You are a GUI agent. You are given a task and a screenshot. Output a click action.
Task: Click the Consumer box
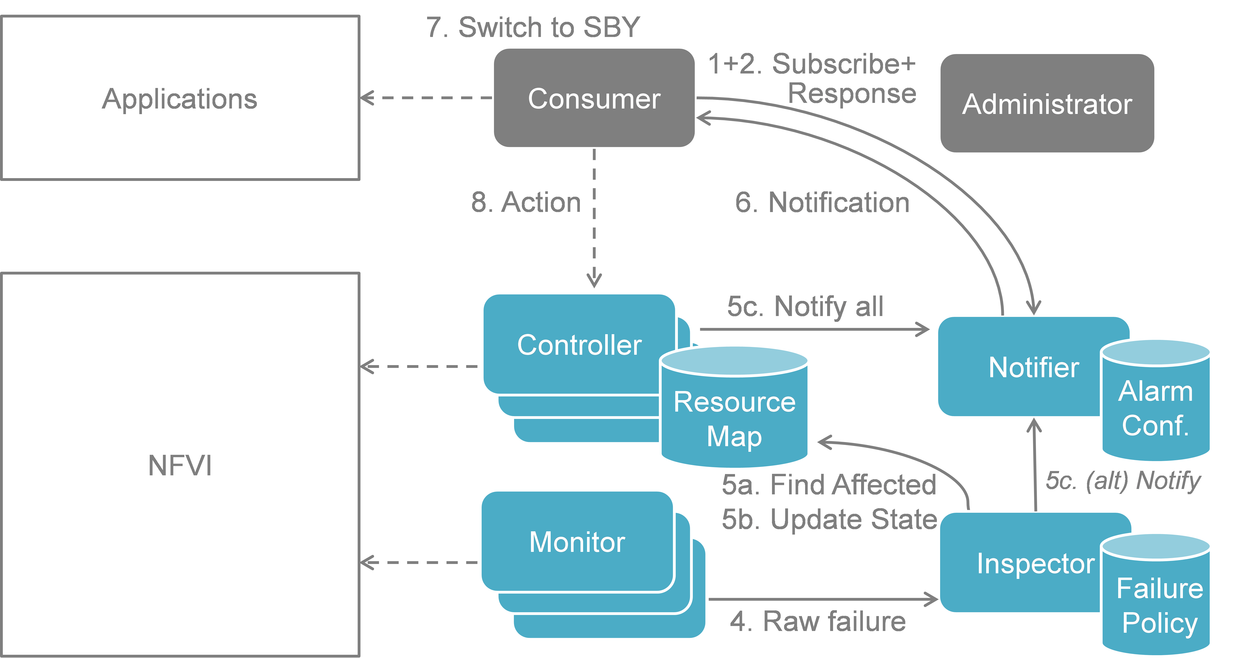click(x=594, y=98)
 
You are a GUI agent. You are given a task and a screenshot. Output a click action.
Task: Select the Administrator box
click(x=1047, y=103)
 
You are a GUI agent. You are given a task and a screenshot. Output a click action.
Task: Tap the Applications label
click(x=180, y=99)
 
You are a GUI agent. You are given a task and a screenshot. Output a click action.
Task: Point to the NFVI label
click(x=180, y=465)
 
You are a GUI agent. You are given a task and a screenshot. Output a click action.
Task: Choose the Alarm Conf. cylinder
click(x=1156, y=409)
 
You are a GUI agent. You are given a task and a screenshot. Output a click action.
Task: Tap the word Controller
click(x=579, y=345)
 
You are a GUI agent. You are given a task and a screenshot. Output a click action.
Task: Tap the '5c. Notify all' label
click(x=805, y=306)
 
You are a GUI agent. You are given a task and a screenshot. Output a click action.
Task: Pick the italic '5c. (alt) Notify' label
click(x=1123, y=481)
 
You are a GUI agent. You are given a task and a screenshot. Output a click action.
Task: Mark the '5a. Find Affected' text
click(x=829, y=484)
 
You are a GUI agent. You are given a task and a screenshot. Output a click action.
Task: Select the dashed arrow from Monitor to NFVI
click(x=419, y=562)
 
